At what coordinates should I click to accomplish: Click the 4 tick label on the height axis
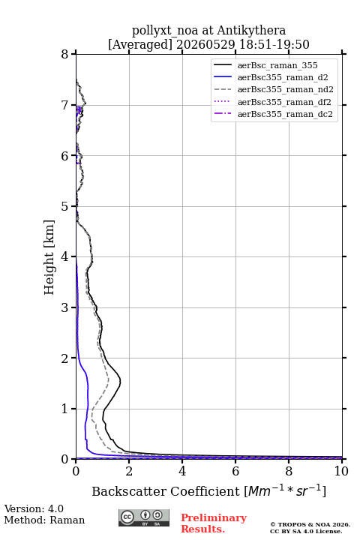(64, 256)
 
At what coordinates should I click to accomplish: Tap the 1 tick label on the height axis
(64, 409)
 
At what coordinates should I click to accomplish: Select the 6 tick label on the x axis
(235, 471)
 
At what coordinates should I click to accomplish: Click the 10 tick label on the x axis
(341, 471)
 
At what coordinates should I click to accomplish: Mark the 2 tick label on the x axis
(129, 471)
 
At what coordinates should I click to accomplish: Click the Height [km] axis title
(49, 257)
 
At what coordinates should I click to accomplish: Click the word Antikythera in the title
(251, 31)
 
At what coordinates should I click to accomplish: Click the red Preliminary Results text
(214, 523)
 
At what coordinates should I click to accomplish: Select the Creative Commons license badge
(144, 517)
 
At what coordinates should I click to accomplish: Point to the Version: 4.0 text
(34, 508)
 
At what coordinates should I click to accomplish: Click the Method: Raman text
(44, 520)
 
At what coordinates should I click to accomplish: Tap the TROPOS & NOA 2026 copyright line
(310, 524)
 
